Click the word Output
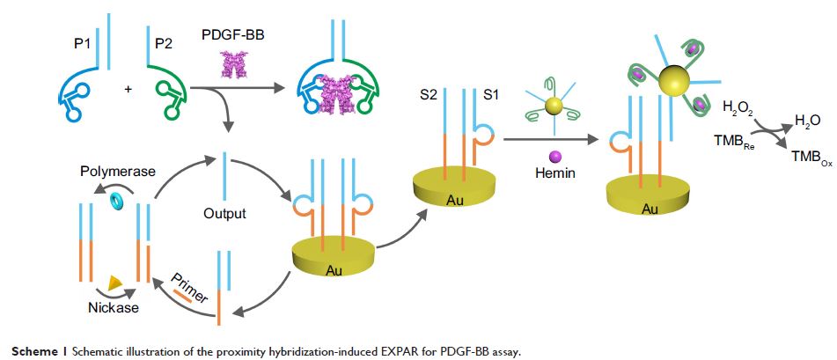pos(224,213)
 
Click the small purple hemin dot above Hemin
pos(554,154)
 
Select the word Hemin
pos(554,173)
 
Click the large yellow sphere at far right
pos(677,85)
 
